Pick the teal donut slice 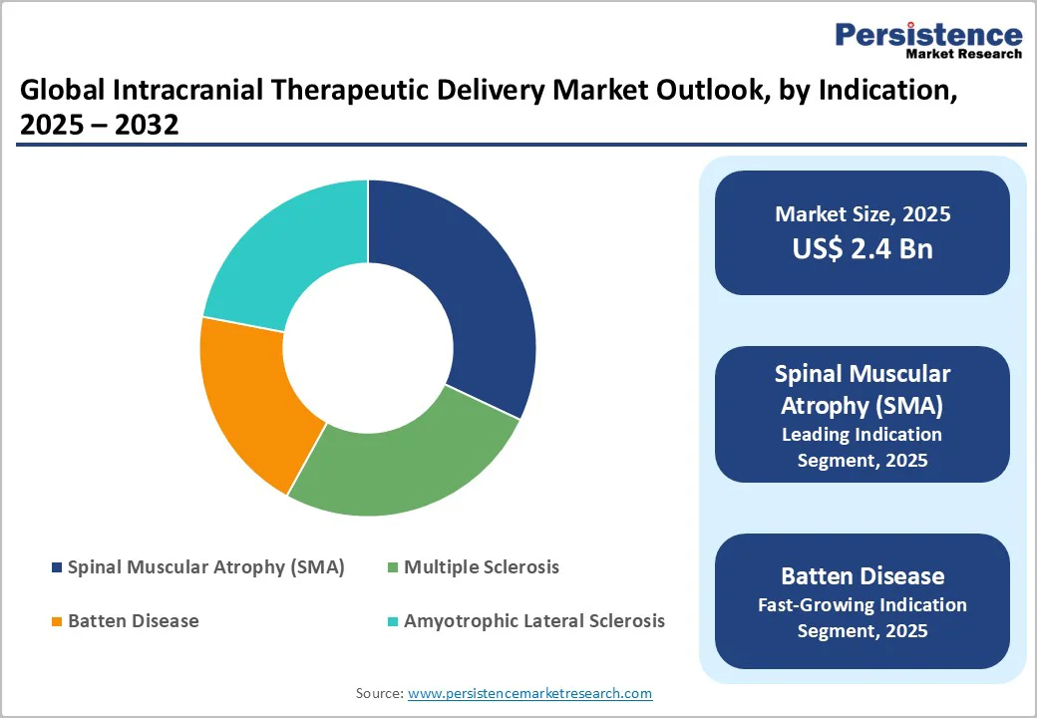(289, 249)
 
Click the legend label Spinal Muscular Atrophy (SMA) (205, 567)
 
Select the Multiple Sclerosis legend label (482, 567)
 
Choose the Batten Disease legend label (134, 621)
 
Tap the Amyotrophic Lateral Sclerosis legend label (533, 621)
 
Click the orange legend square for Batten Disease (56, 622)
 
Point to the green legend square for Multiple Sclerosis (392, 568)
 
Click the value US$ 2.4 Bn (863, 248)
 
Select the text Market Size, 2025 (863, 214)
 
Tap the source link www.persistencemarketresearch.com (529, 693)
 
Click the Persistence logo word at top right (928, 35)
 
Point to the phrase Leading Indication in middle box (862, 435)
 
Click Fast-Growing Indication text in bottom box (862, 605)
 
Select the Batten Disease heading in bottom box (862, 576)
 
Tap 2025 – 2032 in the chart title (99, 126)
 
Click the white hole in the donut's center (368, 349)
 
